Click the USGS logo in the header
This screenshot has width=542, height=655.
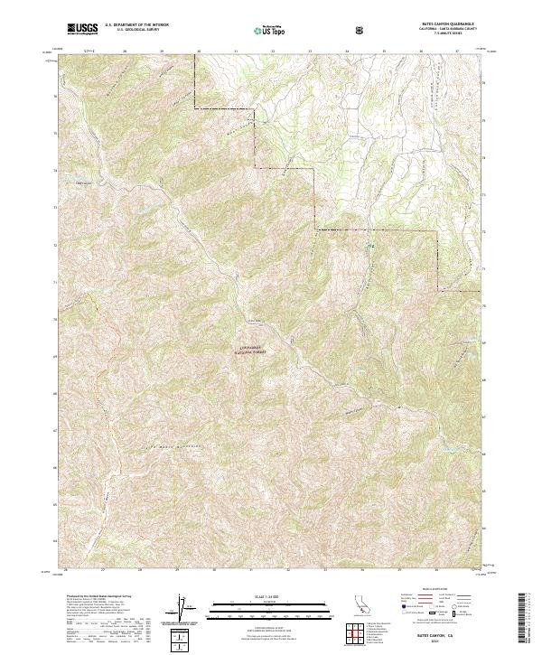point(83,30)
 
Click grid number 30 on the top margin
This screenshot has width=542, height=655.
point(199,52)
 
